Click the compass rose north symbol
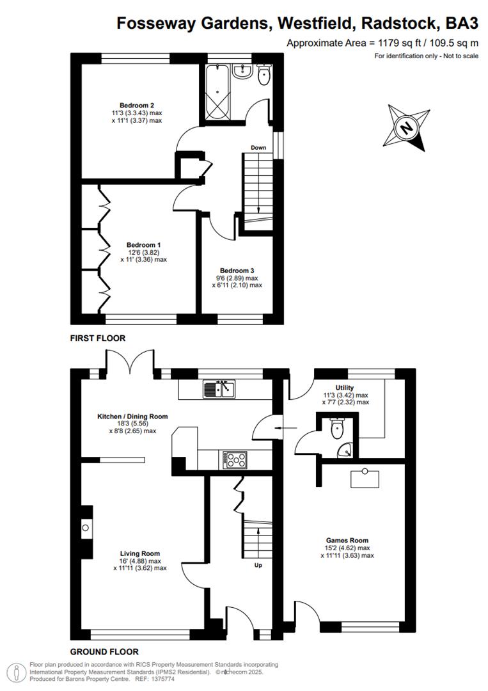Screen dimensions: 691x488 tap(405, 128)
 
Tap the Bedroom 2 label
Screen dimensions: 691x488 tap(137, 106)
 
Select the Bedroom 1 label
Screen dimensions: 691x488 tap(143, 245)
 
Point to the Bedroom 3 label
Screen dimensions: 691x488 tap(237, 271)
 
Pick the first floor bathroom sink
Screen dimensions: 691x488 tap(242, 72)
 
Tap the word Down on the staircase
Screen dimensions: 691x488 tap(258, 148)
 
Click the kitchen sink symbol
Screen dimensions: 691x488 tap(219, 388)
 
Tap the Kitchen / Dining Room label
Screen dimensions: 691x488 tap(132, 417)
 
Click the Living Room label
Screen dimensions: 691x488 tap(140, 553)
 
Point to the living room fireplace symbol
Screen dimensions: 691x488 tap(86, 528)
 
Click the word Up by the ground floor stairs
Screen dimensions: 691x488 tap(259, 566)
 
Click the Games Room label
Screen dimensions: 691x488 tap(347, 541)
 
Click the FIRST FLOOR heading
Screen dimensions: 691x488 tap(98, 338)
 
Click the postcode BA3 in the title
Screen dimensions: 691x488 tap(462, 24)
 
